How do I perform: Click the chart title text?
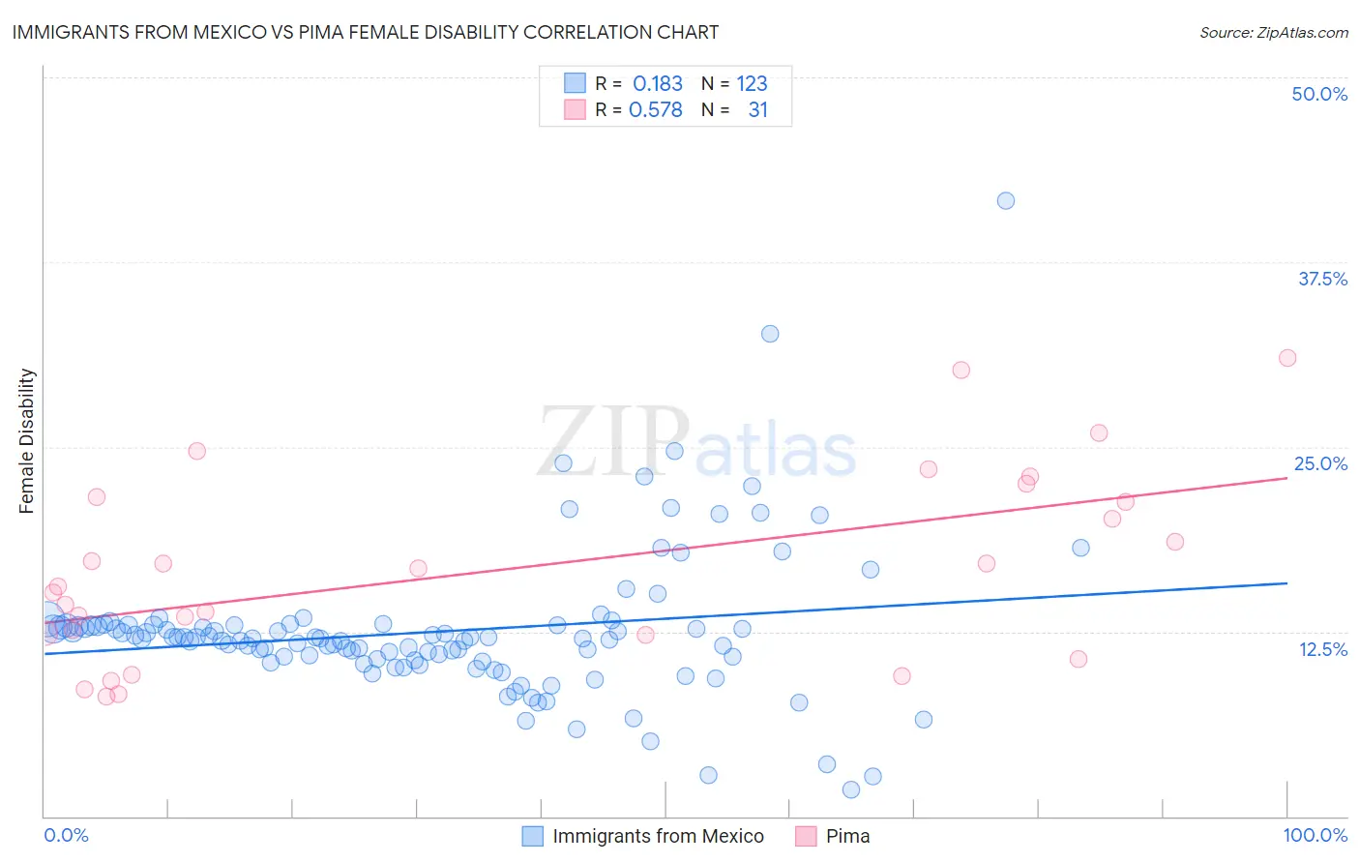[x=365, y=32]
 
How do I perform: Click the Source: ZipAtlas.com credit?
[x=1273, y=32]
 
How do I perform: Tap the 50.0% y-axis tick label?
[x=1319, y=94]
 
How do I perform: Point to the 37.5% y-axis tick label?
[x=1322, y=279]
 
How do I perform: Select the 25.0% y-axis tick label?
[x=1320, y=463]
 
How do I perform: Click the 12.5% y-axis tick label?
[x=1322, y=649]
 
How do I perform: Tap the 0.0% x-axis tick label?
[x=66, y=835]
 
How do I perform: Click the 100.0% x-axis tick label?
[x=1315, y=835]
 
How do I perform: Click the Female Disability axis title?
[x=27, y=440]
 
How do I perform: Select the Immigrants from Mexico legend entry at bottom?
[x=658, y=836]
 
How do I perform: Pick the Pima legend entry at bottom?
[x=847, y=836]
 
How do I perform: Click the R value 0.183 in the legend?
[x=658, y=84]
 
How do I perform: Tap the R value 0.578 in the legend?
[x=656, y=110]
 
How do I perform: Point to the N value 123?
[x=752, y=84]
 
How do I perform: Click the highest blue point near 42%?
[x=1006, y=200]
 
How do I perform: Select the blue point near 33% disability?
[x=770, y=334]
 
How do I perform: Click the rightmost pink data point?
[x=1287, y=358]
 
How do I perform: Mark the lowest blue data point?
[x=851, y=789]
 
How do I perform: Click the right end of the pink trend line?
[x=1286, y=478]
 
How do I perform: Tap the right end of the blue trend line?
[x=1286, y=583]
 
